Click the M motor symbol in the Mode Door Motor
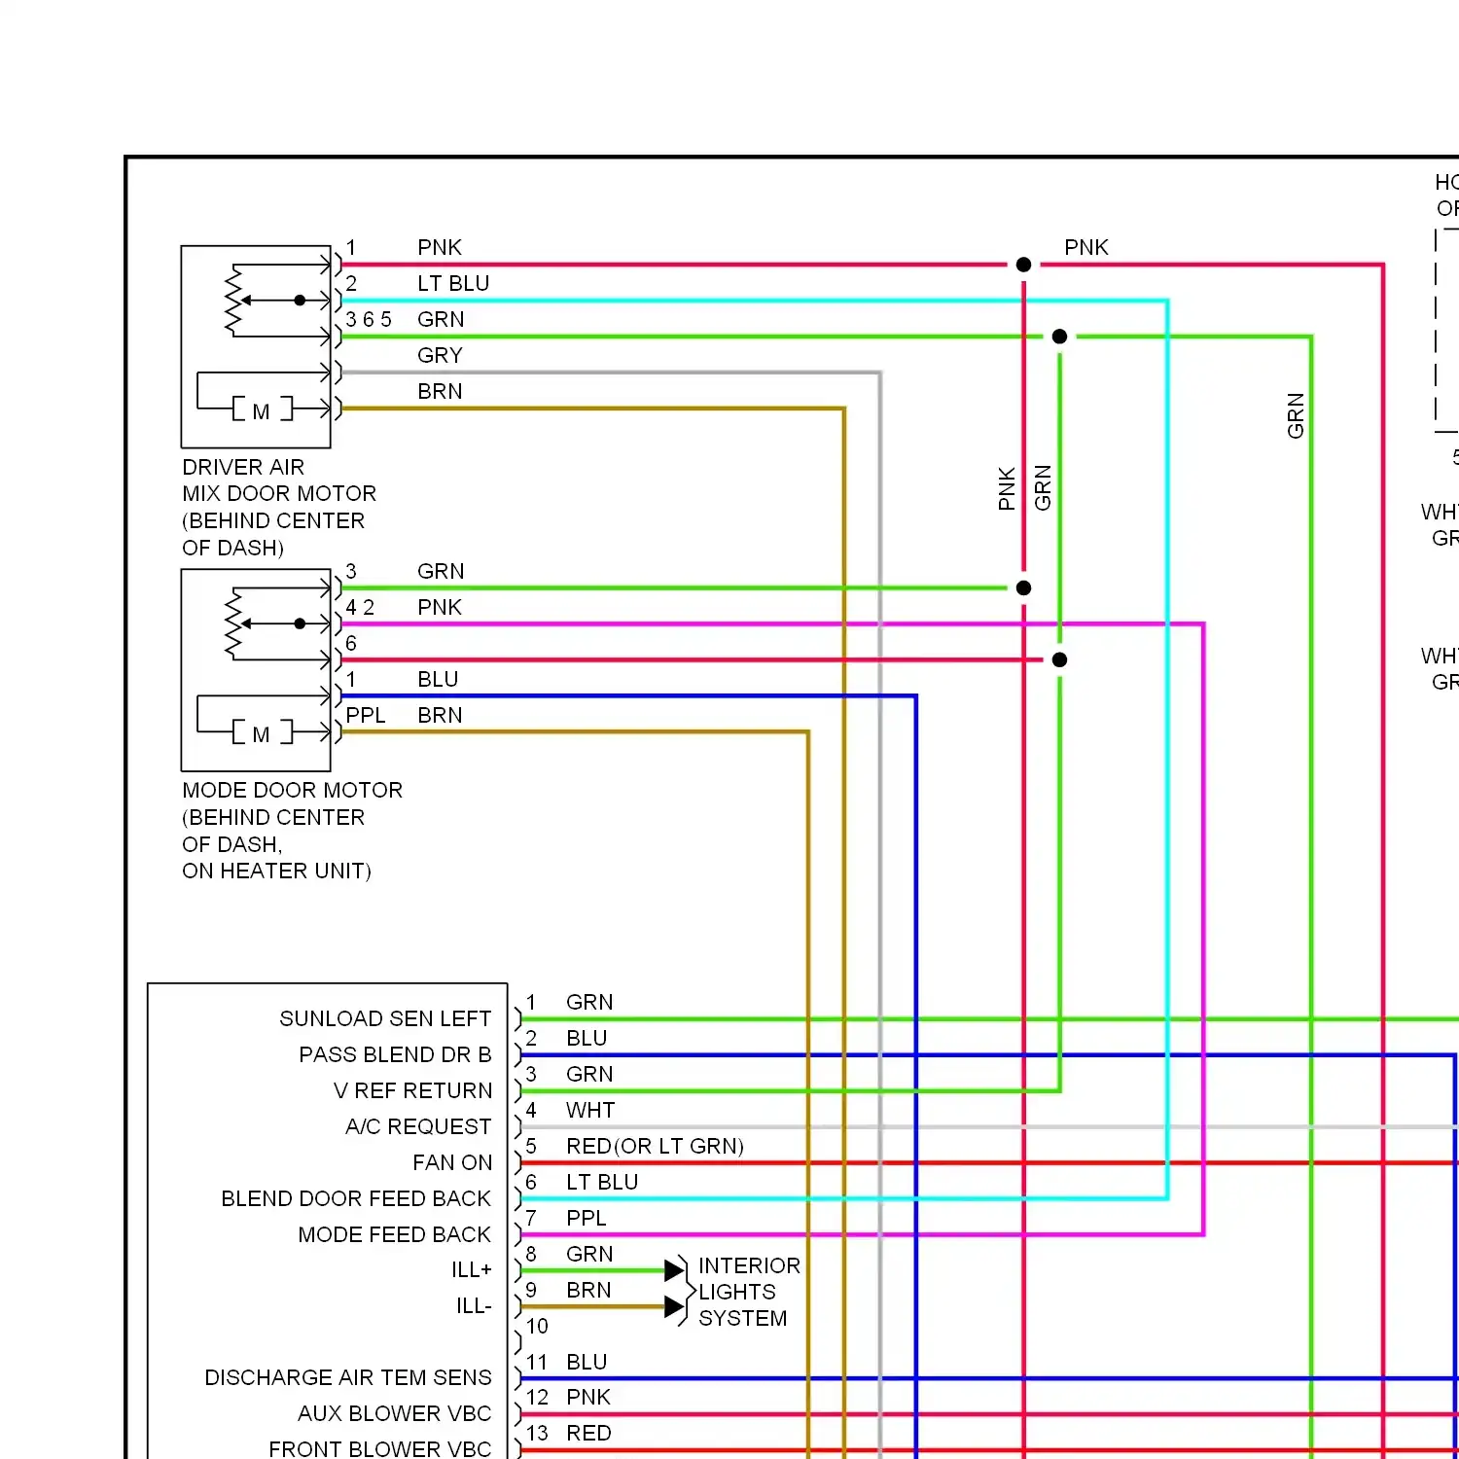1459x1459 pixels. point(261,734)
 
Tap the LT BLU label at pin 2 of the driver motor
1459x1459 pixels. point(453,283)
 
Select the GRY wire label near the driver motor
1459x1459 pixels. point(440,355)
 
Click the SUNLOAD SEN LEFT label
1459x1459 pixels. point(385,1018)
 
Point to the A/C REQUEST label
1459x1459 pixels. point(418,1126)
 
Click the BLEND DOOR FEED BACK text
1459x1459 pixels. point(356,1198)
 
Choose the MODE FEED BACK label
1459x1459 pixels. point(394,1234)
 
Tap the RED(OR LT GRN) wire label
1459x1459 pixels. point(655,1146)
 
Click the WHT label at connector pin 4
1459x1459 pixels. point(590,1110)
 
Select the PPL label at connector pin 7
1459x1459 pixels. point(587,1218)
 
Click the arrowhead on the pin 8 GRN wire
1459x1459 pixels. point(674,1270)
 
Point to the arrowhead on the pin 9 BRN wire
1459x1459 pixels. point(674,1306)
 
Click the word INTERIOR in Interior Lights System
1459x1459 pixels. point(749,1265)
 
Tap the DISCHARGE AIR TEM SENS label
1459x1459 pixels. point(348,1377)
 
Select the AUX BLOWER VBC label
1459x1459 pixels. point(394,1413)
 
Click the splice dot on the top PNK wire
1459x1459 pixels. point(1023,265)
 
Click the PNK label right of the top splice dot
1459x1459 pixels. point(1086,247)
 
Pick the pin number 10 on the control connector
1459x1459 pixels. point(537,1326)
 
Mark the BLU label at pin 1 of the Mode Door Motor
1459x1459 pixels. point(438,679)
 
